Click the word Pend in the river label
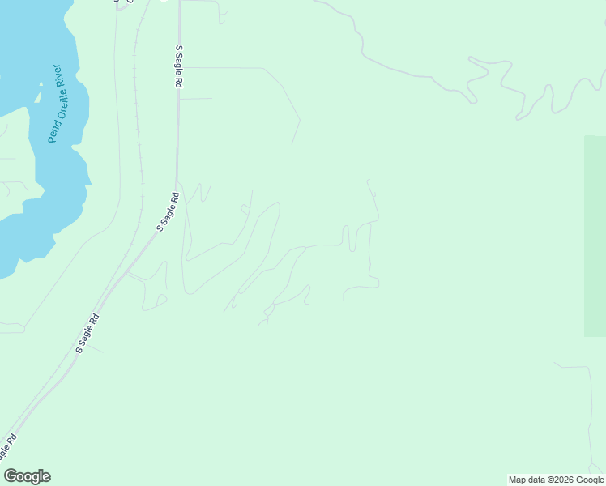pos(53,132)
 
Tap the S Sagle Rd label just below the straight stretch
pos(167,212)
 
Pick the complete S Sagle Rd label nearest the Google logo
pos(87,333)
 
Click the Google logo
pos(28,476)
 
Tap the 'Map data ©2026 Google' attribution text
pos(556,480)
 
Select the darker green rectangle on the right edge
pos(595,235)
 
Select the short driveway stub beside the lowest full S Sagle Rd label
pos(96,349)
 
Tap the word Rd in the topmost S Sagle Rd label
pos(178,81)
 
